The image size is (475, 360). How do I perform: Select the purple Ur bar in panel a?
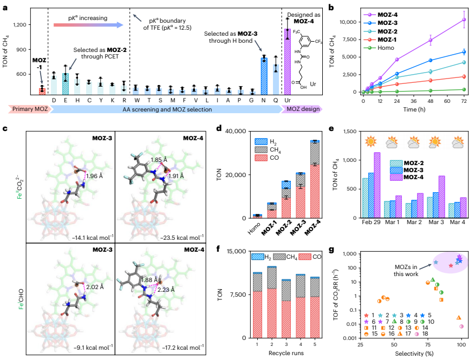288,62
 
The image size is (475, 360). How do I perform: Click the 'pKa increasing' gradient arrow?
88,25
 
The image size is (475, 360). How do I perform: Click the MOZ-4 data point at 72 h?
464,19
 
